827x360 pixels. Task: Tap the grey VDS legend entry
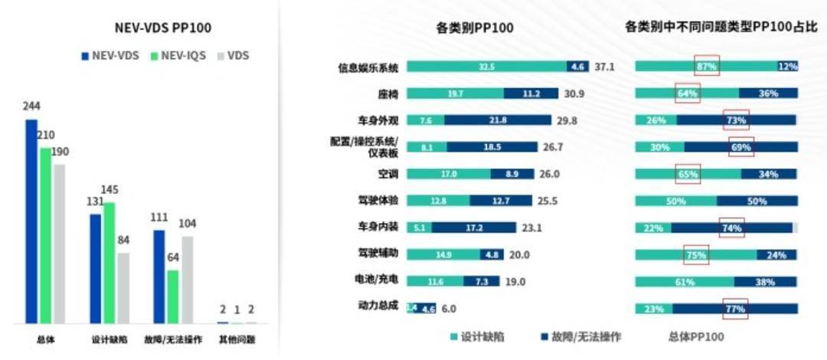[234, 56]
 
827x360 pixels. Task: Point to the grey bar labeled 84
[123, 287]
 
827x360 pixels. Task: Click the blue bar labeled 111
[159, 276]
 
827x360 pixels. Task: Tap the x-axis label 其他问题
[237, 339]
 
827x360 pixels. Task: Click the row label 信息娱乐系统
[368, 67]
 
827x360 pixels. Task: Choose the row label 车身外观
[379, 121]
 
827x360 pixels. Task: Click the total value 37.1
[604, 67]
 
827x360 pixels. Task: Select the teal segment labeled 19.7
[455, 93]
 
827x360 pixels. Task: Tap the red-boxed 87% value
[706, 67]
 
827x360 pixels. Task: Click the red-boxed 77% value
[735, 309]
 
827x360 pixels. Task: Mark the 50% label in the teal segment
[675, 201]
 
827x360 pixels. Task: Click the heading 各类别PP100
[475, 28]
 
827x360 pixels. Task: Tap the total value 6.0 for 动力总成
[449, 309]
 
